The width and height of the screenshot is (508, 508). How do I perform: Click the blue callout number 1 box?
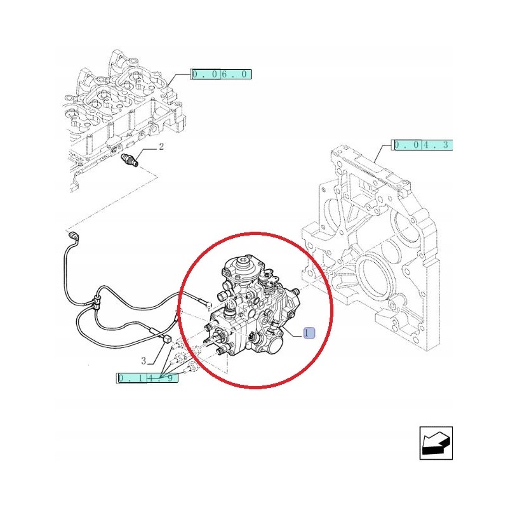(309, 333)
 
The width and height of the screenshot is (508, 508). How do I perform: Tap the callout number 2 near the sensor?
(161, 147)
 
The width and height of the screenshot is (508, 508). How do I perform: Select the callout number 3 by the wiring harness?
(144, 361)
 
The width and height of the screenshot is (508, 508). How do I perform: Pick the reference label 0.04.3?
(422, 145)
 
